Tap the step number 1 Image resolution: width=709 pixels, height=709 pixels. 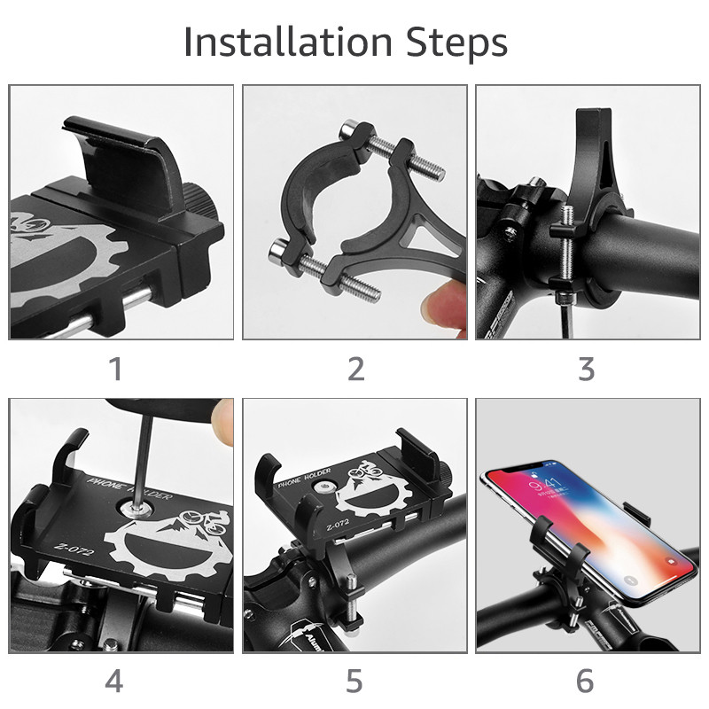pyautogui.click(x=115, y=369)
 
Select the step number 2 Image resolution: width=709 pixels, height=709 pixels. pyautogui.click(x=355, y=369)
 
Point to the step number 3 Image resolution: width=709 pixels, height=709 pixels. pyautogui.click(x=586, y=369)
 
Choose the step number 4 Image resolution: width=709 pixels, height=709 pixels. pyautogui.click(x=114, y=682)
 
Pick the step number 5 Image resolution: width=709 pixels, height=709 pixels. pyautogui.click(x=354, y=682)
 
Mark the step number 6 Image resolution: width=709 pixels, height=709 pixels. pyautogui.click(x=585, y=682)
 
